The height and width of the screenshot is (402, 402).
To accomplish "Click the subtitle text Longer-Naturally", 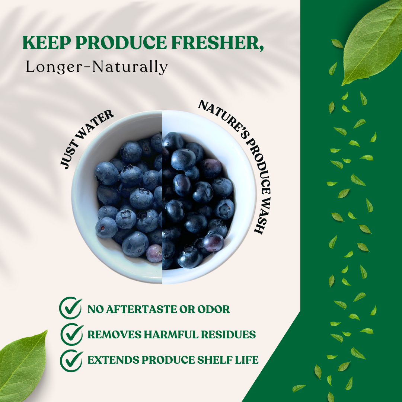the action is (97, 67).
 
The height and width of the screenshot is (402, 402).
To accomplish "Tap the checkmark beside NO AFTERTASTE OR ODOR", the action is (70, 308).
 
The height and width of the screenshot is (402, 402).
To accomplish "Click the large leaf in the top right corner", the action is (372, 44).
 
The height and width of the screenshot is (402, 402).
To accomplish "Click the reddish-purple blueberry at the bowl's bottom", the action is (154, 253).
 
